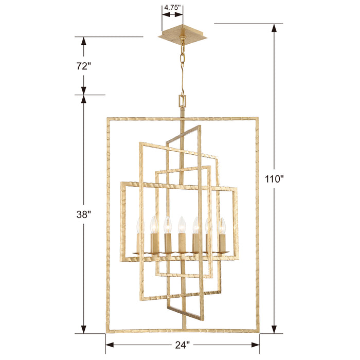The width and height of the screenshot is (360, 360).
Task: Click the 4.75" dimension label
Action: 173,8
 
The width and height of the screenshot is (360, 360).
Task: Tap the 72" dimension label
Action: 83,66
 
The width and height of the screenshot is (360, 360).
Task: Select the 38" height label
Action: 83,215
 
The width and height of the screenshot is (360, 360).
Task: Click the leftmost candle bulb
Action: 139,225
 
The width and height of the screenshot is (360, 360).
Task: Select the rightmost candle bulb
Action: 223,225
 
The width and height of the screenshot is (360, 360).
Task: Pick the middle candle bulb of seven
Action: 182,224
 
